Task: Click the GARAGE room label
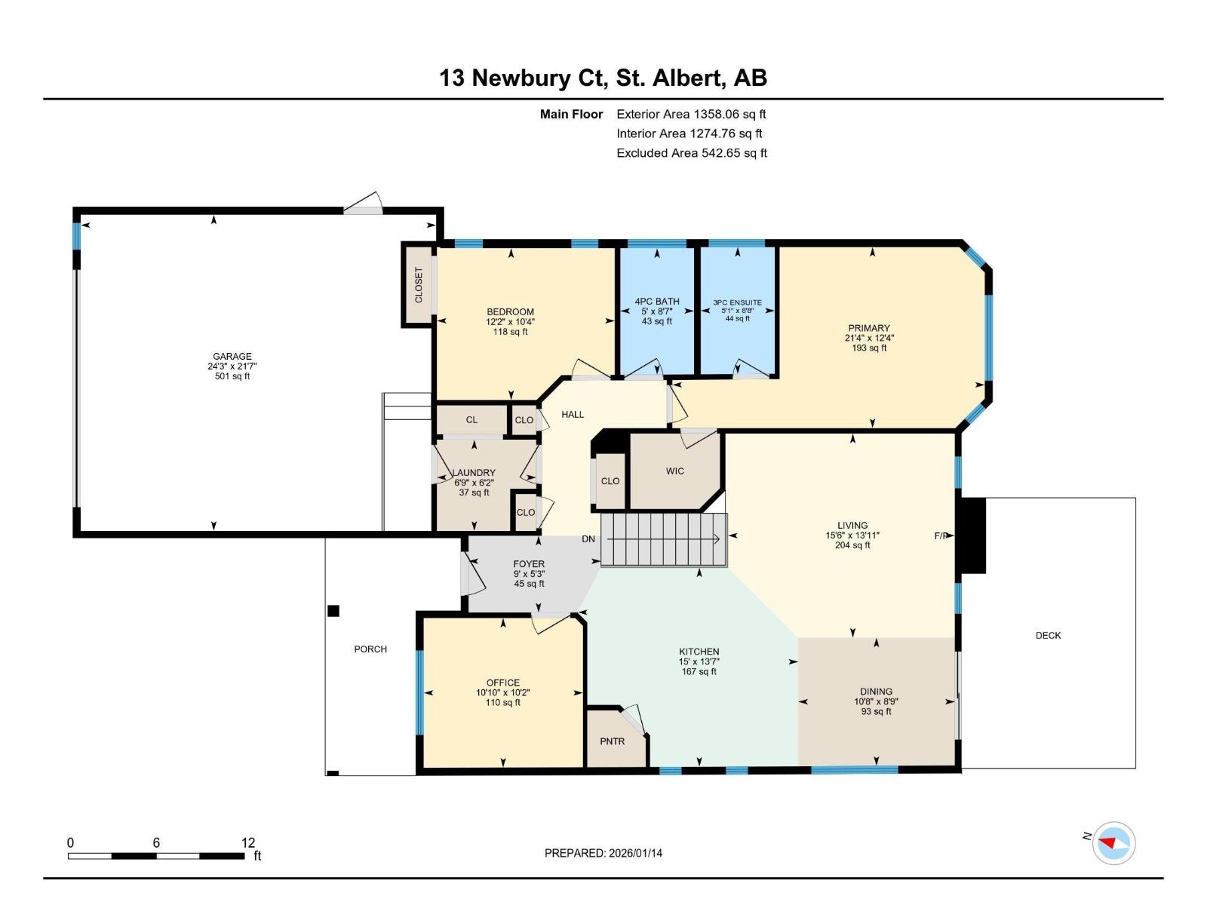pyautogui.click(x=232, y=357)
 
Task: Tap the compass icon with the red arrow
pyautogui.click(x=1113, y=842)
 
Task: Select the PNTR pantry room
pyautogui.click(x=613, y=741)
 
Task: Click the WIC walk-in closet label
pyautogui.click(x=674, y=471)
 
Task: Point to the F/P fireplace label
pyautogui.click(x=941, y=536)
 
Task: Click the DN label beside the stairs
pyautogui.click(x=588, y=539)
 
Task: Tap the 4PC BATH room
pyautogui.click(x=657, y=311)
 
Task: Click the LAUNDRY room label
pyautogui.click(x=474, y=473)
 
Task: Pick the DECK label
pyautogui.click(x=1048, y=636)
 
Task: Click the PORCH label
pyautogui.click(x=370, y=649)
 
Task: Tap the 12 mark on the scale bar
pyautogui.click(x=248, y=842)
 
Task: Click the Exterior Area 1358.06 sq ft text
pyautogui.click(x=691, y=115)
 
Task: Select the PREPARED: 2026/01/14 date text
pyautogui.click(x=603, y=853)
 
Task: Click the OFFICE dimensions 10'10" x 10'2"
pyautogui.click(x=503, y=692)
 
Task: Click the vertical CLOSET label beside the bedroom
pyautogui.click(x=419, y=285)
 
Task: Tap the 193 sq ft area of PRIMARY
pyautogui.click(x=869, y=348)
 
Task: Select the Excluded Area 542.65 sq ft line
pyautogui.click(x=692, y=153)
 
